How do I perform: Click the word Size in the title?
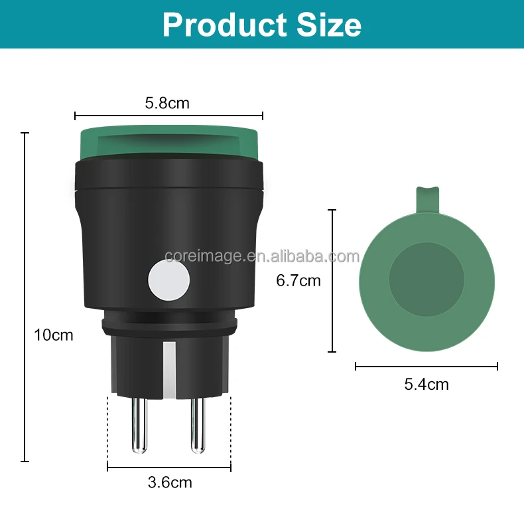(x=326, y=25)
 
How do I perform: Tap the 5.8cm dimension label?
(x=167, y=103)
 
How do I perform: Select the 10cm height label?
(x=54, y=335)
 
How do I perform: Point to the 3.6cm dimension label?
(x=170, y=482)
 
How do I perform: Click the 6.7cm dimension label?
(x=298, y=281)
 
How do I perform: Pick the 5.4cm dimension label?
(x=426, y=384)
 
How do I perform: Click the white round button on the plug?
(x=168, y=280)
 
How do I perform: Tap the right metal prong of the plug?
(x=197, y=425)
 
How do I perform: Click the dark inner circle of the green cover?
(x=426, y=279)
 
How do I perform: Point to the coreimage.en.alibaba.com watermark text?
(x=262, y=256)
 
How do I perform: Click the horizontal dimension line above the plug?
(x=168, y=116)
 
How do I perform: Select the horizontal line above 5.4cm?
(x=426, y=366)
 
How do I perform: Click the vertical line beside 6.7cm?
(x=333, y=281)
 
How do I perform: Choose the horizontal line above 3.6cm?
(x=169, y=468)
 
